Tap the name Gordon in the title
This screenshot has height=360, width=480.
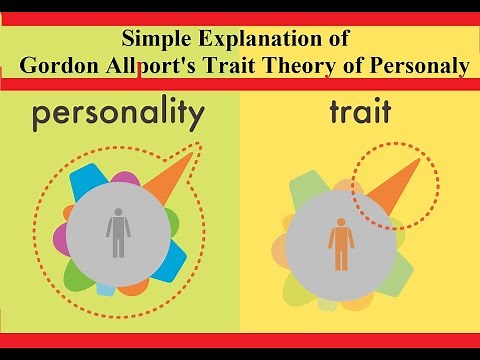[59, 65]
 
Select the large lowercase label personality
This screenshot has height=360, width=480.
[117, 117]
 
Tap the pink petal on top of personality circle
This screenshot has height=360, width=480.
[124, 179]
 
